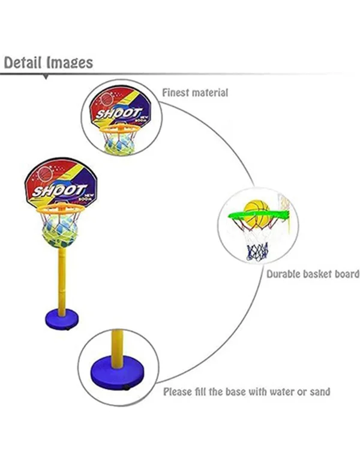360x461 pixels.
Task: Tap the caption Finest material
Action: [195, 93]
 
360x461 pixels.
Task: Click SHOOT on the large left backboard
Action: [53, 190]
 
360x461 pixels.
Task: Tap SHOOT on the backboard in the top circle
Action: [119, 113]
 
